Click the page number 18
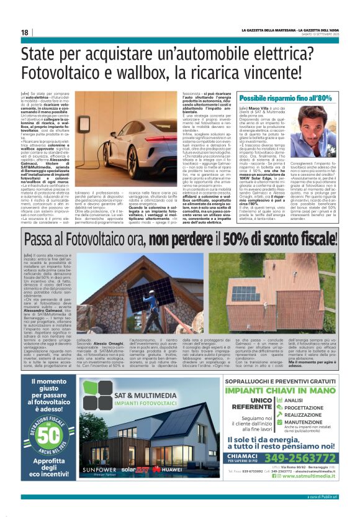(x=24, y=32)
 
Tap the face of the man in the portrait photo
(x=322, y=121)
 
